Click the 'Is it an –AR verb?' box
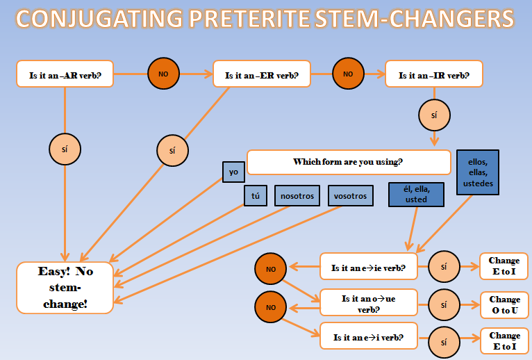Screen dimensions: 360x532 point(65,74)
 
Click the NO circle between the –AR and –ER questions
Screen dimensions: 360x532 point(164,73)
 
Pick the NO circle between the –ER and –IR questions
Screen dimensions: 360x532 point(349,73)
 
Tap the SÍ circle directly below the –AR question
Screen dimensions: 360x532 point(65,148)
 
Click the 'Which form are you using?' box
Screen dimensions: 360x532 point(349,163)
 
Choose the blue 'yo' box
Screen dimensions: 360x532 point(233,172)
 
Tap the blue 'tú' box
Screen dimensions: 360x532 point(255,196)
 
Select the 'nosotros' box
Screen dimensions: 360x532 point(297,196)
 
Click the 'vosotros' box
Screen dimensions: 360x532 point(351,196)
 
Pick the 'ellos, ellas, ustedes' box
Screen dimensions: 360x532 point(478,172)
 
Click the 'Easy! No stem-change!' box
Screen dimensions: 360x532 point(65,287)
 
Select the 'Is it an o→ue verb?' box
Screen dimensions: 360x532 point(367,302)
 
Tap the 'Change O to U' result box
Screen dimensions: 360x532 point(504,305)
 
